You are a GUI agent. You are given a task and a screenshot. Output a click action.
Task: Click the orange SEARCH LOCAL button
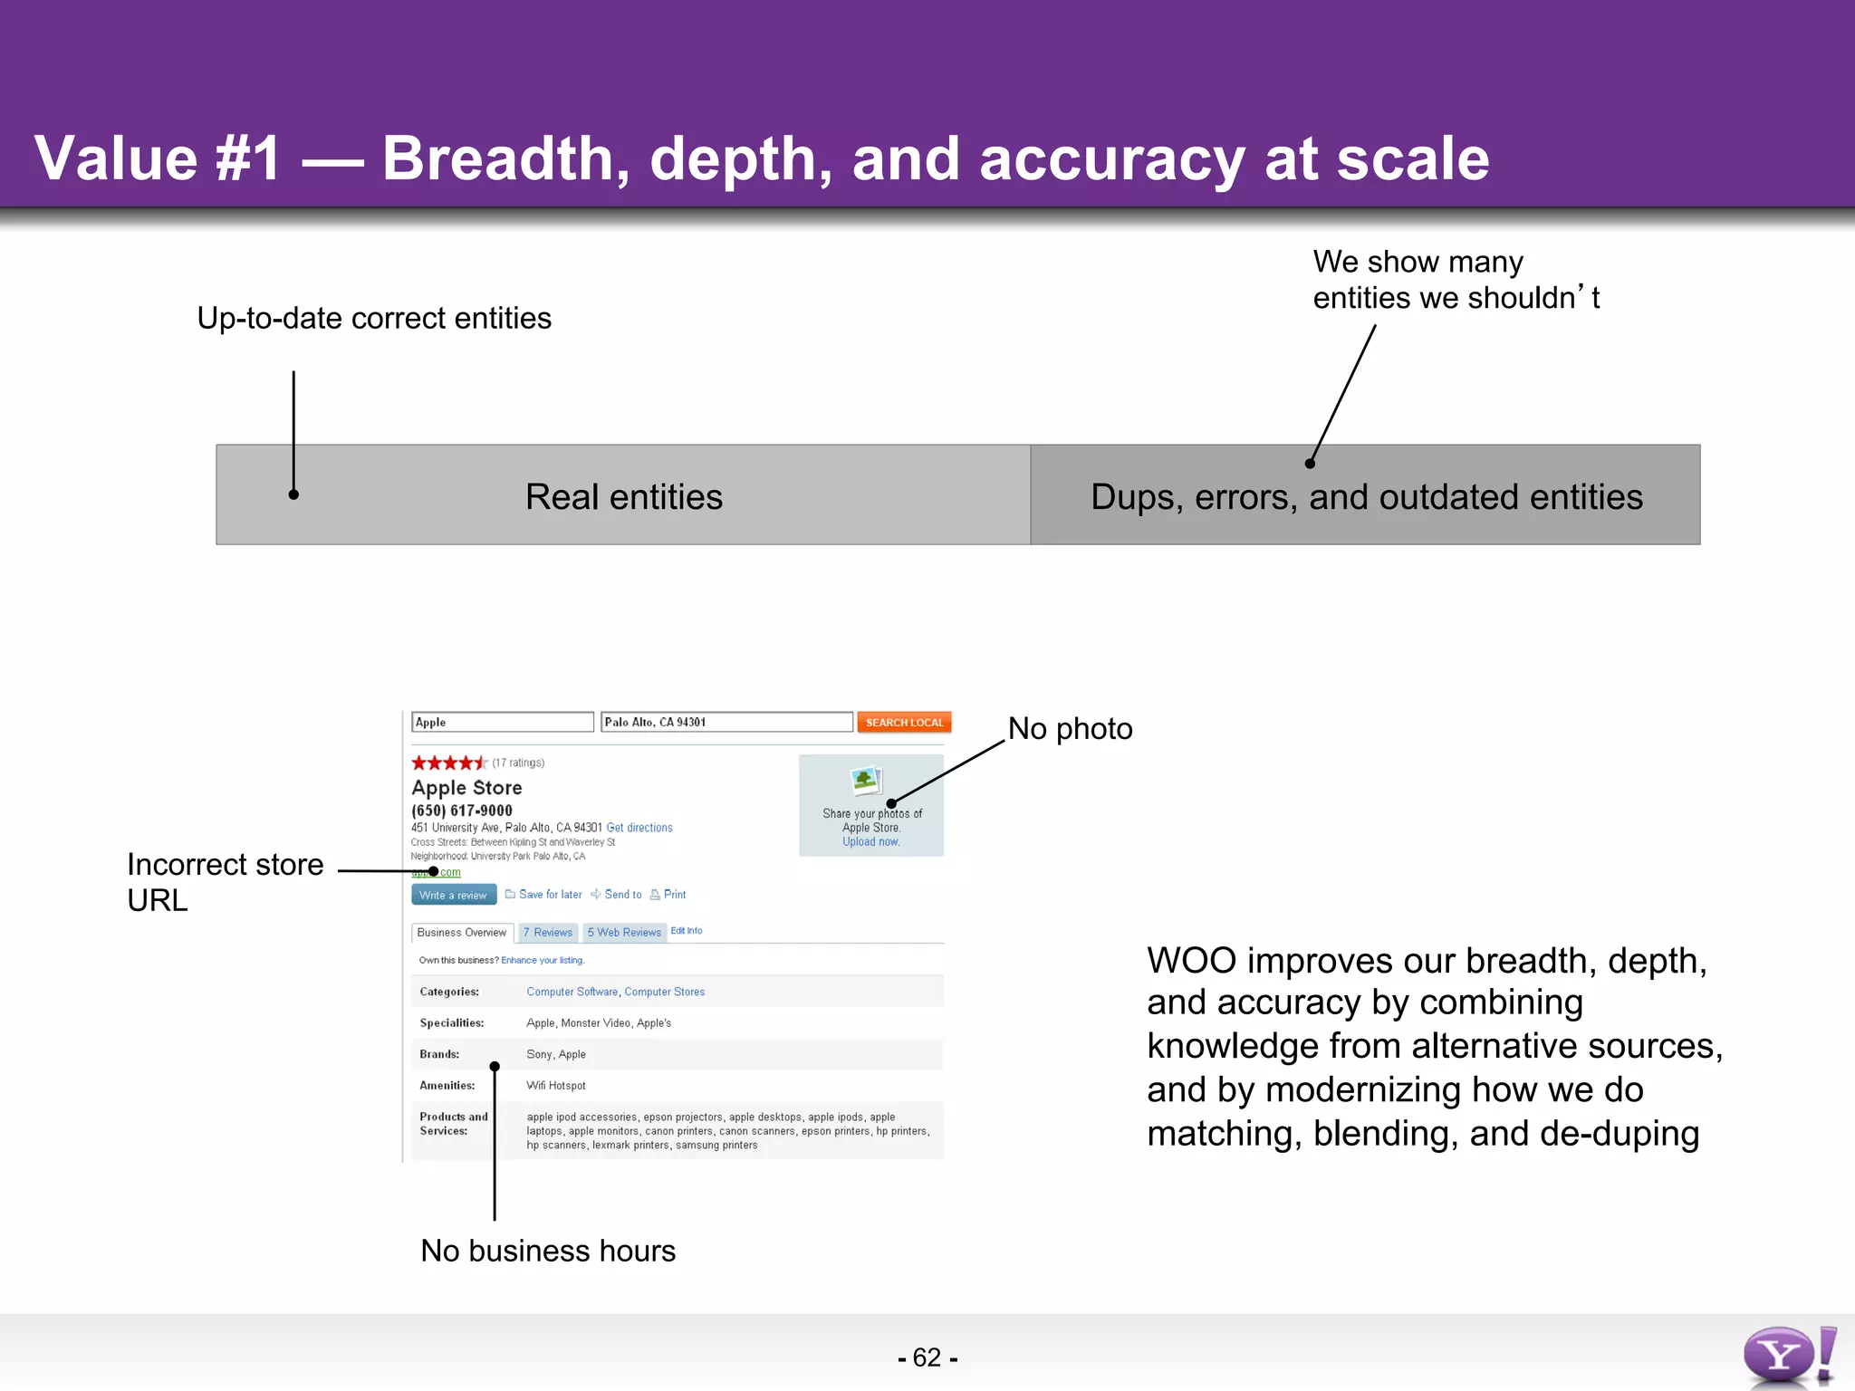click(x=903, y=722)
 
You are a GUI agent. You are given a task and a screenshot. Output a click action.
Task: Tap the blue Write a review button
click(x=454, y=895)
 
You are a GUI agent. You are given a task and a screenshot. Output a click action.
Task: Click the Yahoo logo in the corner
click(x=1788, y=1356)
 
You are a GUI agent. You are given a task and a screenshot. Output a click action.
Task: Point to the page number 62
click(x=927, y=1357)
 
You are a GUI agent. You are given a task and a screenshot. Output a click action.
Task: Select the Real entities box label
click(x=623, y=496)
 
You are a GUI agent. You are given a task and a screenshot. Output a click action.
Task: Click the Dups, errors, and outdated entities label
click(x=1366, y=496)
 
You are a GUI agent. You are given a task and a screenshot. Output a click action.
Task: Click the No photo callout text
click(x=1070, y=729)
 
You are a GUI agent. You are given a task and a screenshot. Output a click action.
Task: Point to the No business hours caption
click(x=548, y=1251)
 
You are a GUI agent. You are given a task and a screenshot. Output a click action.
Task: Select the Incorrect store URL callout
click(x=225, y=881)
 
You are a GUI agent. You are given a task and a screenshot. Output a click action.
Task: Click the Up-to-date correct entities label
click(x=374, y=318)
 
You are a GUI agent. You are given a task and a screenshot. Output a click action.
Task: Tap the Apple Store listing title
click(x=466, y=788)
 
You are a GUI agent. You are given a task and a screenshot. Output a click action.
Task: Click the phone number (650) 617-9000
click(x=462, y=811)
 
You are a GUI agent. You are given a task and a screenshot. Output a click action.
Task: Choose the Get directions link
click(x=639, y=828)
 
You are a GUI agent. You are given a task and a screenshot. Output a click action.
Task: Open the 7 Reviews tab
click(x=548, y=932)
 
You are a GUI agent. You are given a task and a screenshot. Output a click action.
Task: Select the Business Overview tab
click(x=462, y=932)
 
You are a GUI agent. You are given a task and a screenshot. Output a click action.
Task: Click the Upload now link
click(x=870, y=841)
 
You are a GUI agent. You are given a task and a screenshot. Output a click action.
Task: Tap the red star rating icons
click(x=448, y=763)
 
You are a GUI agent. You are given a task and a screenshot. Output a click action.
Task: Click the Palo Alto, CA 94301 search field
click(x=726, y=722)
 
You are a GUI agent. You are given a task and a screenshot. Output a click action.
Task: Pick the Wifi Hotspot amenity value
click(x=555, y=1085)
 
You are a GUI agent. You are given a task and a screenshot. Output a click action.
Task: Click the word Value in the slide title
click(x=115, y=158)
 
